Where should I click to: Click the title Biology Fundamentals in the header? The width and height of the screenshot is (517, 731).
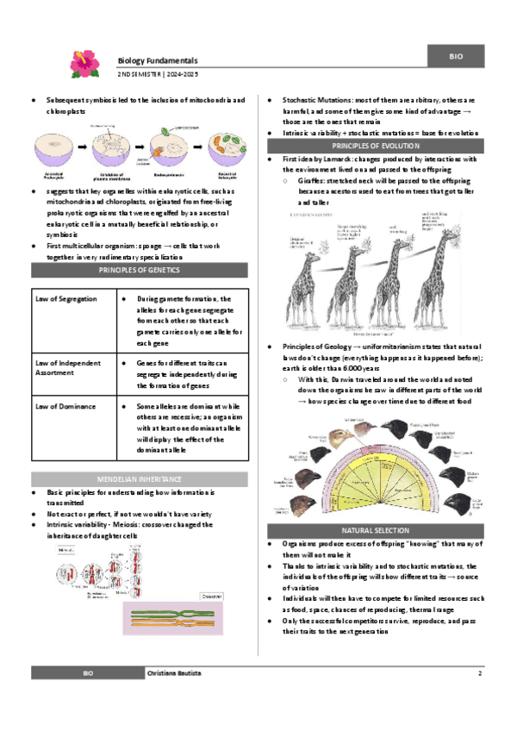point(158,61)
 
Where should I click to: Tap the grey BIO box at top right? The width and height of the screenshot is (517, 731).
point(456,56)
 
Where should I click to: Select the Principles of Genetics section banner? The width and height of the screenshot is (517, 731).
point(140,271)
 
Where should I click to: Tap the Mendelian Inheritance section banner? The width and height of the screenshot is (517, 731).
point(140,478)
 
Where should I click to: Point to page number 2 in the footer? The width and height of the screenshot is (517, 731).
point(479,672)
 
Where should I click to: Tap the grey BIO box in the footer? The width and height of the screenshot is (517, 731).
point(87,672)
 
